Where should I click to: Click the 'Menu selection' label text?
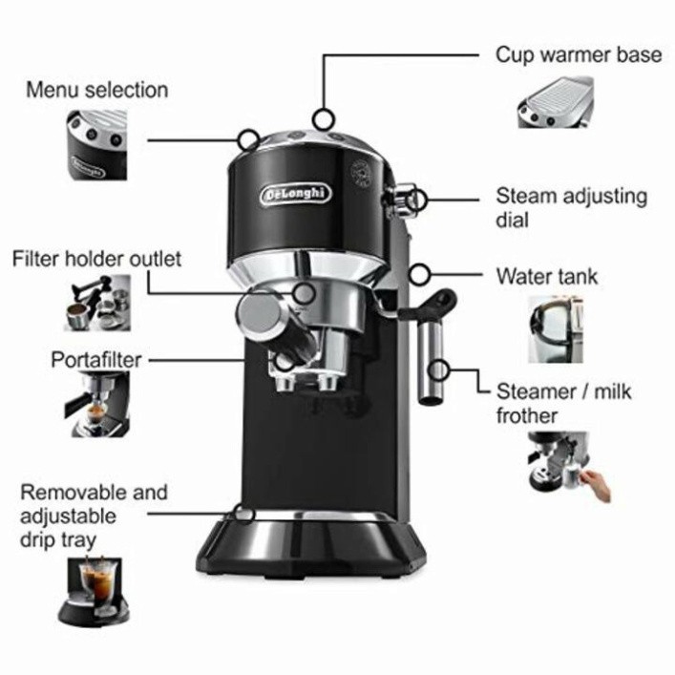point(96,91)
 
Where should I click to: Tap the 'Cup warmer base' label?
point(578,54)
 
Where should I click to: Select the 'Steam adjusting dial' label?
point(570,208)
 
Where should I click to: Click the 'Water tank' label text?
point(546,277)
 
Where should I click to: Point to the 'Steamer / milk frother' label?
point(563,403)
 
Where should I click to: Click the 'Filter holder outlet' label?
point(96,259)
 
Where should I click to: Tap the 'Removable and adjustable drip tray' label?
point(94,517)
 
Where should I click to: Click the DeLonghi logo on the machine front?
point(296,194)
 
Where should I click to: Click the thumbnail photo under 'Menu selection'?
point(97,144)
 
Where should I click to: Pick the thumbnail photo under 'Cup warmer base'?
point(556,101)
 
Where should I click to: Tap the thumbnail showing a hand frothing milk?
point(569,465)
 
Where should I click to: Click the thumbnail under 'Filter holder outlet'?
point(97,304)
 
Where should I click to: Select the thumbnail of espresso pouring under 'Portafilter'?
point(97,405)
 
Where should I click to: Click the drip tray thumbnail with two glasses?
point(96,590)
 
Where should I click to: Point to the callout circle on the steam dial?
point(418,199)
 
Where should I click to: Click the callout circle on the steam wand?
point(439,369)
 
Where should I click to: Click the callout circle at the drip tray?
point(245,513)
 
